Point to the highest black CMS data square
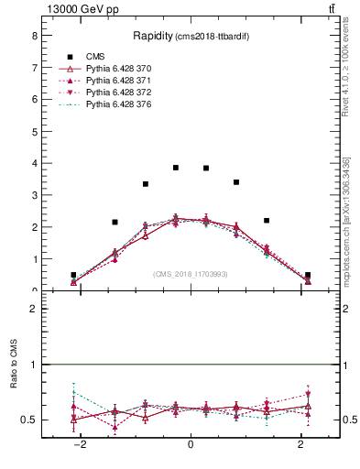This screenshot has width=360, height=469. coord(176,168)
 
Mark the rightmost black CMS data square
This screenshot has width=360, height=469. coord(308,275)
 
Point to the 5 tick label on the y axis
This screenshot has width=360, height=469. coord(34,132)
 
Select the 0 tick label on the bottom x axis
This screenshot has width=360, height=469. coord(191,444)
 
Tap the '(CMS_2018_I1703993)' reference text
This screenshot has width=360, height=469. coord(191,273)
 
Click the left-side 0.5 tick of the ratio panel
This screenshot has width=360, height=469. coord(29,420)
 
